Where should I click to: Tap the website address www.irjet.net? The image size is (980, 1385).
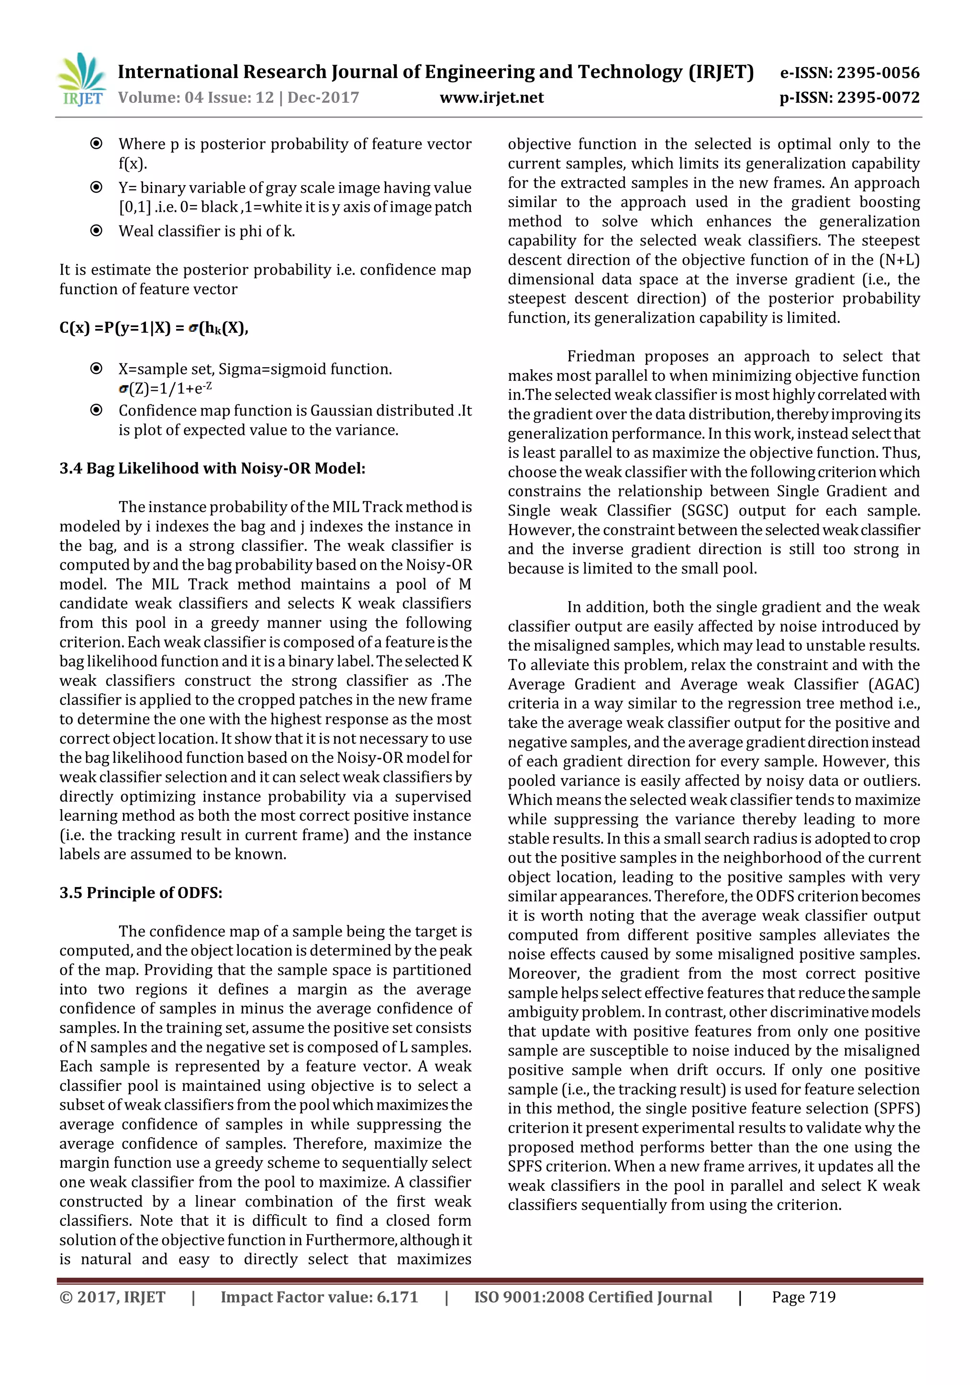[491, 98]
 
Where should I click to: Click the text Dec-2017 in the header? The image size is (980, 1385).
[323, 98]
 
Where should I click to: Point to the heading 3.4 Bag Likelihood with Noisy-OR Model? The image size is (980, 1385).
[212, 469]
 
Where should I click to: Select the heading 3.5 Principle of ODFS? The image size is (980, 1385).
[141, 893]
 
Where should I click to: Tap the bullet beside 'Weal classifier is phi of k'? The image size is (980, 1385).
[96, 231]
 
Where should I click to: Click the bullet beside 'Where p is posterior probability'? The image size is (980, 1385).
[96, 143]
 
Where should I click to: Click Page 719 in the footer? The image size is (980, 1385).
[803, 1297]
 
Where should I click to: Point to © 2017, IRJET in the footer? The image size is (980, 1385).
[112, 1297]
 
